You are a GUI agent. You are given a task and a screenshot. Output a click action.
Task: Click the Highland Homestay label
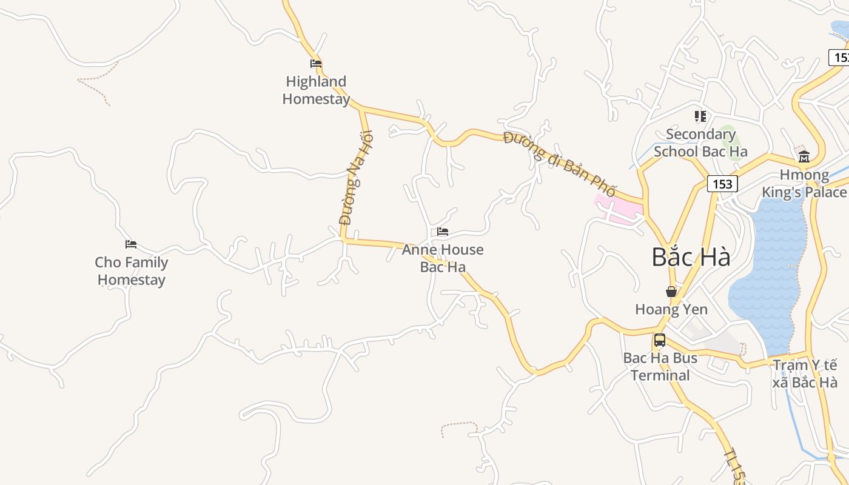[316, 90]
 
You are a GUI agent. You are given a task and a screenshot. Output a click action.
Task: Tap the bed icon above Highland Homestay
[315, 63]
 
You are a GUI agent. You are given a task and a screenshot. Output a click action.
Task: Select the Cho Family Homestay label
[131, 271]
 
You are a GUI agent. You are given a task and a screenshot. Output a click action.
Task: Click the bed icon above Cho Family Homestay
[131, 244]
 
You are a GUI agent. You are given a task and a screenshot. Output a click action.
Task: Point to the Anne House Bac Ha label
[443, 258]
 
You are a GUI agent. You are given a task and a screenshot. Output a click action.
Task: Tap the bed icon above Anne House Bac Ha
[443, 232]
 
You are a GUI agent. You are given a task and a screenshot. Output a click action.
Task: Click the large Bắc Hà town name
[691, 257]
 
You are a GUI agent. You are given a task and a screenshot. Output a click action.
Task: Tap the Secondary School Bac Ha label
[700, 142]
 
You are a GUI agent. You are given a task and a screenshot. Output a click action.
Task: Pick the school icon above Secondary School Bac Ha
[700, 116]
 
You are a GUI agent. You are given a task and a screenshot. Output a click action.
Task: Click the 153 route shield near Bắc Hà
[722, 184]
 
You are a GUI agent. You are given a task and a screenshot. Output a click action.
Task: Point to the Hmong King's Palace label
[804, 184]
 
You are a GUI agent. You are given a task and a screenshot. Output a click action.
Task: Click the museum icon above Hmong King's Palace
[804, 158]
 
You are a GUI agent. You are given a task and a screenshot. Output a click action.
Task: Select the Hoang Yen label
[671, 309]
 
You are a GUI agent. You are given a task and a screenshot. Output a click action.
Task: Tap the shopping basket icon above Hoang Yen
[671, 292]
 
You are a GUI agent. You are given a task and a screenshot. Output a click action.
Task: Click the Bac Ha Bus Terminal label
[660, 366]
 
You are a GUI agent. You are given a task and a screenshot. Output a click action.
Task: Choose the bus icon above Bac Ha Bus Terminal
[660, 340]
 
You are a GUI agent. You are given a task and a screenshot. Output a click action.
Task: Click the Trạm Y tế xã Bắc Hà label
[805, 373]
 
